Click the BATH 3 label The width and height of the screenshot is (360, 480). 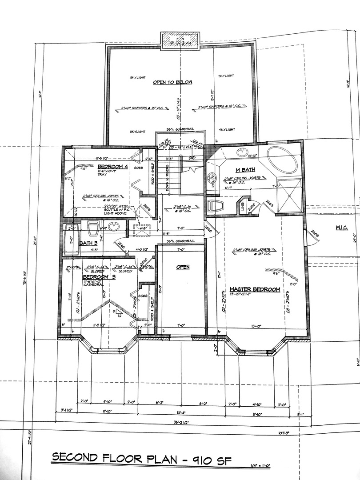pyautogui.click(x=88, y=243)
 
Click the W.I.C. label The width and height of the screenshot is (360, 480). pyautogui.click(x=341, y=228)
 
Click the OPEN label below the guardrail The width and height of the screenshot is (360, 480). pyautogui.click(x=183, y=267)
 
